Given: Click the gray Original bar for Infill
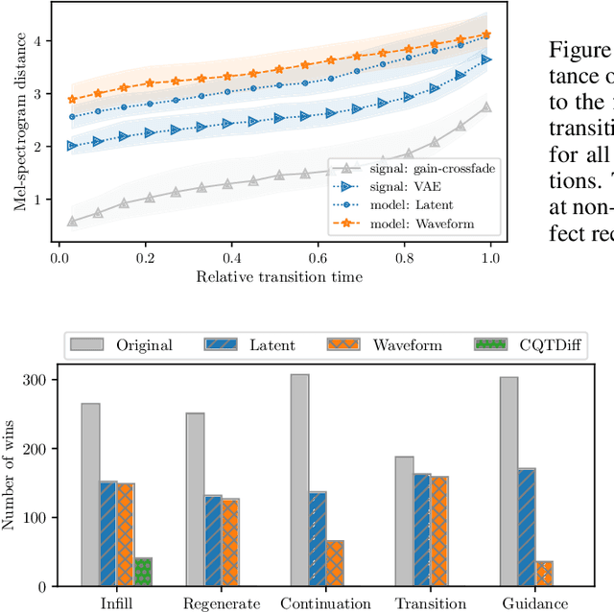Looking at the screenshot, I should point(90,494).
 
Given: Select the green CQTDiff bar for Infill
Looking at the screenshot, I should point(143,572).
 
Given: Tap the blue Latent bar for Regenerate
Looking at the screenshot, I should point(213,540).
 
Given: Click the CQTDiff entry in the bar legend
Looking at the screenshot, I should point(529,344).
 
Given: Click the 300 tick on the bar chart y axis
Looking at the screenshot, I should point(44,380).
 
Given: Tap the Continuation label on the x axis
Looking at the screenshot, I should point(325,603).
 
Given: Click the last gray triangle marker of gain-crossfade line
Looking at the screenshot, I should point(486,107).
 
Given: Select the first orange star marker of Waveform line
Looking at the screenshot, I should point(72,99).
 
